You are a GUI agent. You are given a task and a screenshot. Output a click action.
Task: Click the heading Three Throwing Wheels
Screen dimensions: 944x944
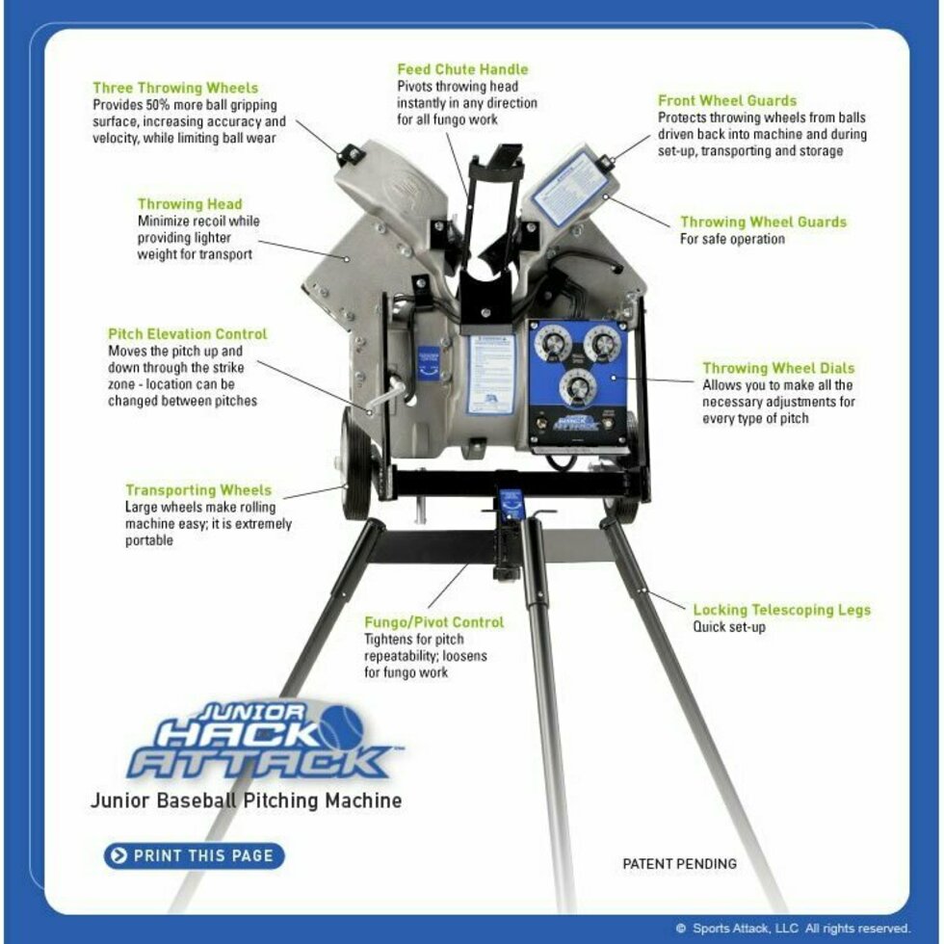pyautogui.click(x=175, y=88)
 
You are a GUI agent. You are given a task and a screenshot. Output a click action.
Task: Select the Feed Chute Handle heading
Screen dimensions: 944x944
pyautogui.click(x=462, y=69)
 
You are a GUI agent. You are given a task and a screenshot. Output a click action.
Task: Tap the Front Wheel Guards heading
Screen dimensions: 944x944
pyautogui.click(x=727, y=100)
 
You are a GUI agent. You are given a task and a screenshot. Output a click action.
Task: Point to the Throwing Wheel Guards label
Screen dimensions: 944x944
pyautogui.click(x=763, y=222)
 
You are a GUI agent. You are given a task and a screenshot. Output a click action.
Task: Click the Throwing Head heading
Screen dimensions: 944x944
pyautogui.click(x=190, y=204)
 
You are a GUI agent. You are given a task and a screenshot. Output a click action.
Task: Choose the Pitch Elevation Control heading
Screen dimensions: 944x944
pyautogui.click(x=188, y=334)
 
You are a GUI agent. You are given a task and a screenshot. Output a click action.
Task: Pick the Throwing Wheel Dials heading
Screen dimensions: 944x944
pyautogui.click(x=778, y=368)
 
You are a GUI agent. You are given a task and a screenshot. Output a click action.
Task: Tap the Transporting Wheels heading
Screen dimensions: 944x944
pyautogui.click(x=198, y=490)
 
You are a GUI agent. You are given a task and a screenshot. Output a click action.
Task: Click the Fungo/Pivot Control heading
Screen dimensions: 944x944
pyautogui.click(x=433, y=622)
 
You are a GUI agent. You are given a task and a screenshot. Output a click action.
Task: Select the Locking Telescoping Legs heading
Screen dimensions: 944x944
pyautogui.click(x=781, y=610)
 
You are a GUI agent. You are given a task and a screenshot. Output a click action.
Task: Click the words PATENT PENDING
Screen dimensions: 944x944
pyautogui.click(x=679, y=863)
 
